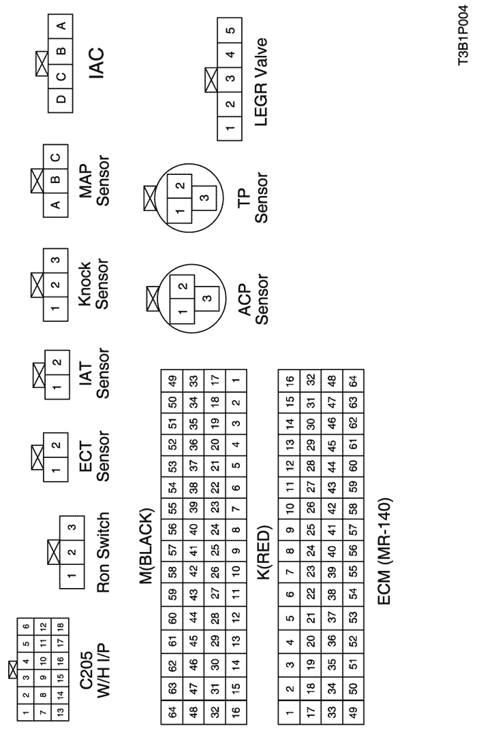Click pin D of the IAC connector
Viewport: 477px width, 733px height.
coord(61,99)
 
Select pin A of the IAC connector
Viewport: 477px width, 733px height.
coord(61,26)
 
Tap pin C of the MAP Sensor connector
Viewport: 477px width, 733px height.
coord(56,157)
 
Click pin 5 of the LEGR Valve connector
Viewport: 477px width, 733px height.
coord(230,31)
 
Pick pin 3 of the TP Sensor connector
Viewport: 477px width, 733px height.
coord(204,197)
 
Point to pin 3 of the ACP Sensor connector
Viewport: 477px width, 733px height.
coord(206,298)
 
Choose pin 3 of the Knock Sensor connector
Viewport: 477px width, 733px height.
coord(56,260)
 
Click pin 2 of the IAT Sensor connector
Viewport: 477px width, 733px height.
coord(57,362)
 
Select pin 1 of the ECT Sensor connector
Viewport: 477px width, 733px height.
coord(56,470)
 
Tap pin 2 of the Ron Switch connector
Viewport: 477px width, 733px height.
coord(72,552)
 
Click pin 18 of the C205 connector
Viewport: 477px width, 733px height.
coord(61,625)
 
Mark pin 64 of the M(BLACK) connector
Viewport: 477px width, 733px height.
coord(172,713)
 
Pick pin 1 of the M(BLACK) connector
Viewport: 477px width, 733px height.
coord(236,381)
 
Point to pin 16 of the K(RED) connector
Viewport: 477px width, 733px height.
coord(290,381)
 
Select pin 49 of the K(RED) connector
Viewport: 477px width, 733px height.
coord(354,713)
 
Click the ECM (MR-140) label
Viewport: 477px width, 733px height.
coord(384,551)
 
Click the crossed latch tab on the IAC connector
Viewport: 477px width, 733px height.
coord(42,63)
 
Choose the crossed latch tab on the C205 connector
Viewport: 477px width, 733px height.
coord(13,670)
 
